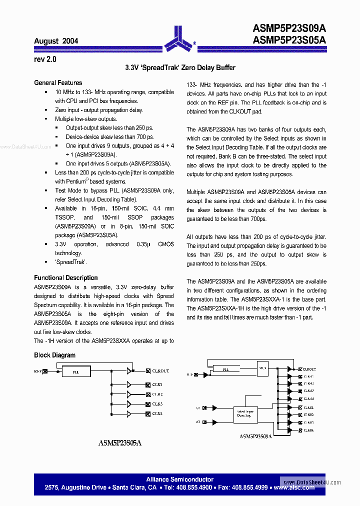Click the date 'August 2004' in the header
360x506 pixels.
56,41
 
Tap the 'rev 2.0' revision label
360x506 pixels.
45,59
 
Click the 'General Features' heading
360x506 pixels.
58,83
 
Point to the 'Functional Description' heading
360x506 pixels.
66,278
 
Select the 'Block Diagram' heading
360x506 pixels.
54,355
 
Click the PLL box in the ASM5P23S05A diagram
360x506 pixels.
75,371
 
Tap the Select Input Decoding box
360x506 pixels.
244,413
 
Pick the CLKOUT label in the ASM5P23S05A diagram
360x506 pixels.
160,371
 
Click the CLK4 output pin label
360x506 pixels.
157,413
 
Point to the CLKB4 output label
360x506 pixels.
308,430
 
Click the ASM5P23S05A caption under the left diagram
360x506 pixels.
120,442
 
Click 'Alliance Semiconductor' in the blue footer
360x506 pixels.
180,479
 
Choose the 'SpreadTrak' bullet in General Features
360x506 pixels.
71,262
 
